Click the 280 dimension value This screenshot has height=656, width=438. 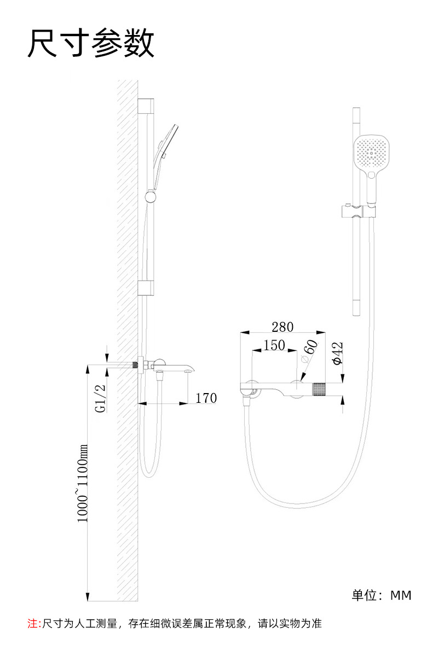[283, 327]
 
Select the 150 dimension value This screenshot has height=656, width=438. [274, 345]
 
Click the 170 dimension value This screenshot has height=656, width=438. [206, 398]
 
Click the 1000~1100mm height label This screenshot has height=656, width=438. [82, 483]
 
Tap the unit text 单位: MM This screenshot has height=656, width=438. [381, 595]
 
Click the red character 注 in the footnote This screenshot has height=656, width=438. [31, 623]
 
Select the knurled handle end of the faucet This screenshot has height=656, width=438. [319, 390]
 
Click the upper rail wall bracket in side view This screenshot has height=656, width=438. [146, 106]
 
